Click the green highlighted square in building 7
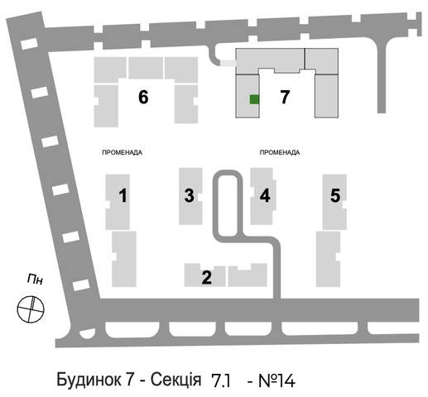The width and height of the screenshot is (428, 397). point(254,99)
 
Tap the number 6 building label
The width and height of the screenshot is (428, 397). point(143,97)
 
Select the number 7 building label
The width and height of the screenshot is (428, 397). point(285,97)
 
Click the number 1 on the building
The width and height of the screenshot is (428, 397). point(123,195)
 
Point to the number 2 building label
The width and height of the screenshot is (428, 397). point(207,277)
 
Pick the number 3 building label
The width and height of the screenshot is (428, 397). point(190,195)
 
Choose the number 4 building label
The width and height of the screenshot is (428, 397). point(265,195)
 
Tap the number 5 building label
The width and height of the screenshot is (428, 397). point(335,195)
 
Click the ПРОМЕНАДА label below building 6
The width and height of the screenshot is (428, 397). point(123,152)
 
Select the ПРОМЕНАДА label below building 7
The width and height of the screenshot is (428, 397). point(280,152)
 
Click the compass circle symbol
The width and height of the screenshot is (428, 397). point(31,309)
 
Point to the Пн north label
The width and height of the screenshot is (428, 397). point(35,280)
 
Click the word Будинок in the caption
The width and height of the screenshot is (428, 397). point(89,380)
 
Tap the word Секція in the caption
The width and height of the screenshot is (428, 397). point(176,380)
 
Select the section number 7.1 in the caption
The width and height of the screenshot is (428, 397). point(221,380)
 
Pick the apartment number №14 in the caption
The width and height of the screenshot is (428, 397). point(277,380)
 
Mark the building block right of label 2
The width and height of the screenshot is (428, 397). point(248,275)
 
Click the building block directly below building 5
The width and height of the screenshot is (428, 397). point(328,259)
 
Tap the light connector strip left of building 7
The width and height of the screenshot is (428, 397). point(228,63)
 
